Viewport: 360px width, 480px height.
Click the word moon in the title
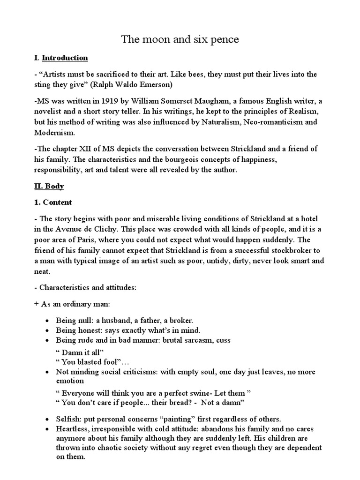154,40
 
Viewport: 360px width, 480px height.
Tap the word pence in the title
225,40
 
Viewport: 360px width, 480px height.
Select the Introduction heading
65,58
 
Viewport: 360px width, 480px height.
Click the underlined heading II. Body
49,187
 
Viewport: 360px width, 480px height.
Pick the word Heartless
71,429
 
